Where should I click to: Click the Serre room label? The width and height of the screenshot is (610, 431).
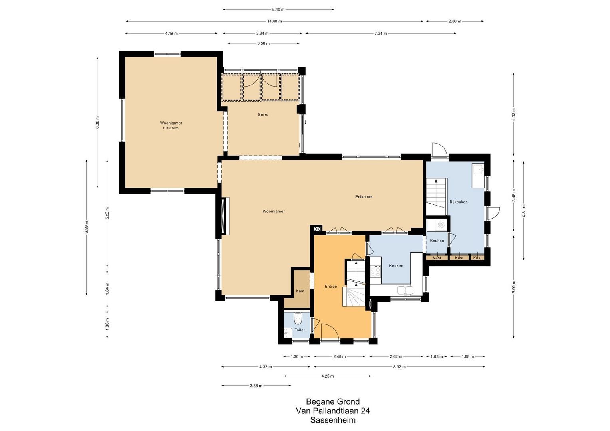263,115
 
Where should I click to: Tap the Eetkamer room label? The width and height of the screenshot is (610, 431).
364,196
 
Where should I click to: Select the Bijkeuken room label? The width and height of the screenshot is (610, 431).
458,202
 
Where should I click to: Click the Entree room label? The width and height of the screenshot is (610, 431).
331,287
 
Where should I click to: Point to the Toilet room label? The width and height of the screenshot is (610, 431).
300,330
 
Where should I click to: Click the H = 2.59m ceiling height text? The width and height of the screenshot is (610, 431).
171,128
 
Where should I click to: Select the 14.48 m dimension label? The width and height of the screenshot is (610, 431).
274,21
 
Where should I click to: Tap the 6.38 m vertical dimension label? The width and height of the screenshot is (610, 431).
97,123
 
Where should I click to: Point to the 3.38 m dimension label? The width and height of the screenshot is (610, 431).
256,386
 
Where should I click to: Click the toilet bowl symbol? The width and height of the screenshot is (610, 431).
297,319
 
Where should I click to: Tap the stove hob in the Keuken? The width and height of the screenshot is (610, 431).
375,272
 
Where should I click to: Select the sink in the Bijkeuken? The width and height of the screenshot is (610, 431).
478,170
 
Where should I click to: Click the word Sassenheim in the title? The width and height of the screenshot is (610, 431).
333,420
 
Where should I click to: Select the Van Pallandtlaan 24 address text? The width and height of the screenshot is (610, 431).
333,411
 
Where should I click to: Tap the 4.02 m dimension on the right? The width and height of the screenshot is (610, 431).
514,114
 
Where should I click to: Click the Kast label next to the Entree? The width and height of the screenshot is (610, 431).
300,291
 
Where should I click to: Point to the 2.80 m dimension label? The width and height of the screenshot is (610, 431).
455,21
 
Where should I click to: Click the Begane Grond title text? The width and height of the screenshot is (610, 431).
333,401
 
